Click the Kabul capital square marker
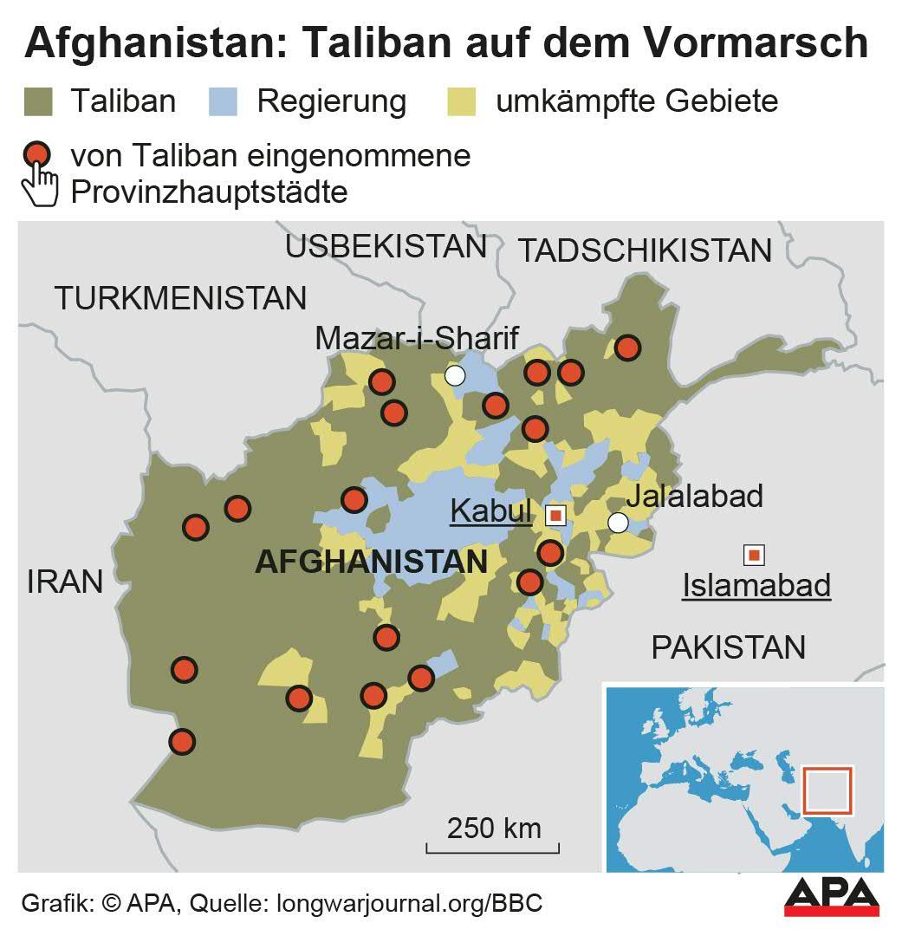click(x=555, y=516)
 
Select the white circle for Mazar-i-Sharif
click(x=455, y=375)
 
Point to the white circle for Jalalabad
click(x=618, y=523)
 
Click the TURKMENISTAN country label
click(x=180, y=298)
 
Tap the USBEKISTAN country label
click(x=386, y=247)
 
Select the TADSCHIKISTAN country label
click(x=645, y=250)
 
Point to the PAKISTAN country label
click(x=728, y=647)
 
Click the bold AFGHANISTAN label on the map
click(x=372, y=562)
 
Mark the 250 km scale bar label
click(x=494, y=828)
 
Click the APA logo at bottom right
click(x=831, y=897)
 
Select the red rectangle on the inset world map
click(x=827, y=790)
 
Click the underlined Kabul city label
click(x=490, y=512)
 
